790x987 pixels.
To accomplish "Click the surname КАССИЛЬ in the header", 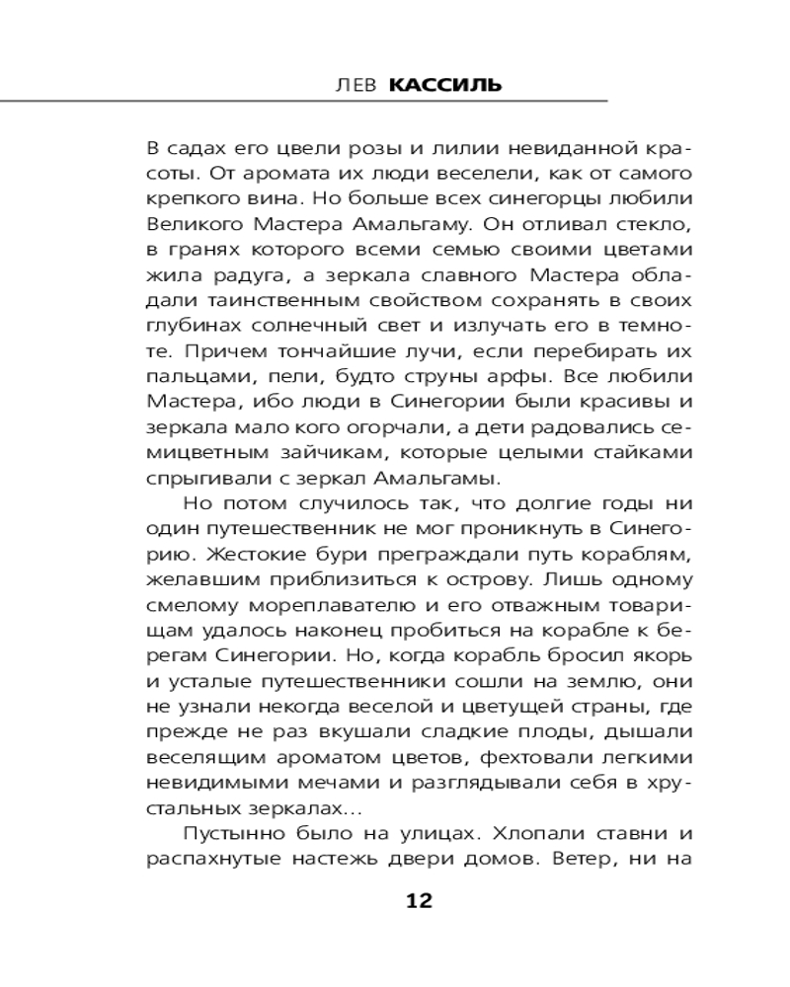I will tap(445, 85).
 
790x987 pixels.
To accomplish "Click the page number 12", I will tap(419, 900).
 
